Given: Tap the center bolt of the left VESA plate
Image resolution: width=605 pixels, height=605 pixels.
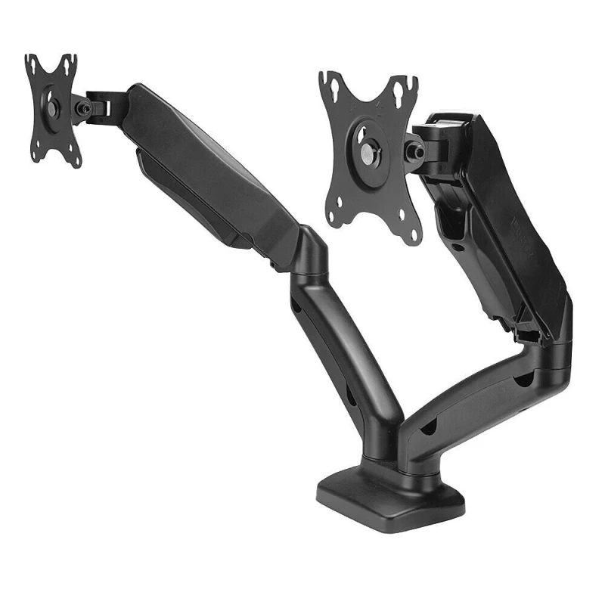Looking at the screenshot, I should (51, 108).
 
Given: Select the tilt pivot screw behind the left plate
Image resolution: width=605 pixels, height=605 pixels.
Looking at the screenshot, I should (85, 110).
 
